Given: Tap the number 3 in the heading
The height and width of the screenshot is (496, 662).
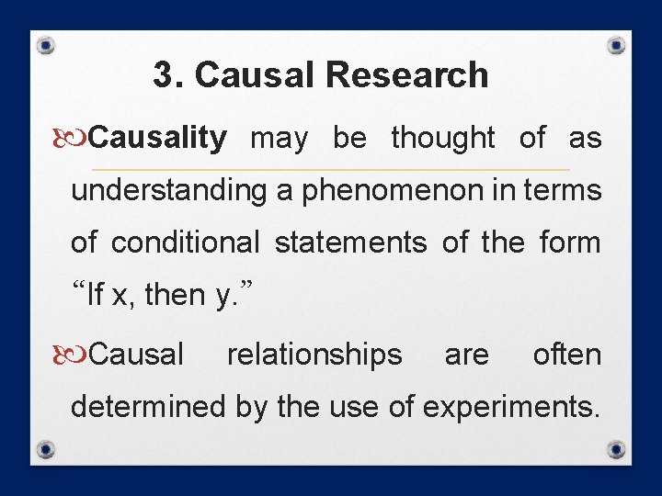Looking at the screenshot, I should pos(163,75).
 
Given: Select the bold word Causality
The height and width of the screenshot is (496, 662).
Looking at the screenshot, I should pos(158,139).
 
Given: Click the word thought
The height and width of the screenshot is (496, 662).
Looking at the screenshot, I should pos(443,139).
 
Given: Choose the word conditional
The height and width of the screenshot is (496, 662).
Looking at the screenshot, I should pos(186,243).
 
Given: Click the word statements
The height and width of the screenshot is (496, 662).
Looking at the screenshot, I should pos(350,243).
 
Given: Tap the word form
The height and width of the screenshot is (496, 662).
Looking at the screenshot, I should pos(569,243).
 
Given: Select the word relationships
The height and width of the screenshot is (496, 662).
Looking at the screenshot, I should pos(314,355).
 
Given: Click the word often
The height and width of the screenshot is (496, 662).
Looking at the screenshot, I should pos(567,355).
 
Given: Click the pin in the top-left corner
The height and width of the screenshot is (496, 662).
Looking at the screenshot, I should pos(45,45).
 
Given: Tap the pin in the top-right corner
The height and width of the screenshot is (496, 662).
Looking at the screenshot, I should pos(617,45).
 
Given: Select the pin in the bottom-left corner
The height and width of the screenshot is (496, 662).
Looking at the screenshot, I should pos(45,450).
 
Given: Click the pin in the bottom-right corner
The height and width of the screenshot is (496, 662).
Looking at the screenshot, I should pos(617,450).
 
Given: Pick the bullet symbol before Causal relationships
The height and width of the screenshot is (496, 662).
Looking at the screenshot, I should pos(80,355).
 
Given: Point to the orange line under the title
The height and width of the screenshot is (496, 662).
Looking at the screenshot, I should pos(331,170).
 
